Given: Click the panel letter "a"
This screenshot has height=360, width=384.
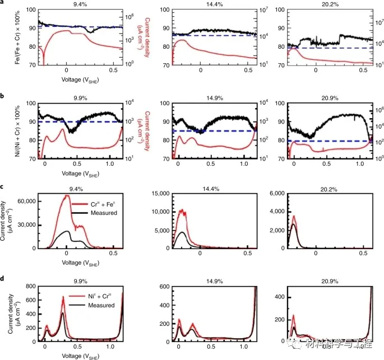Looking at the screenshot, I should [x=2, y=3].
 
